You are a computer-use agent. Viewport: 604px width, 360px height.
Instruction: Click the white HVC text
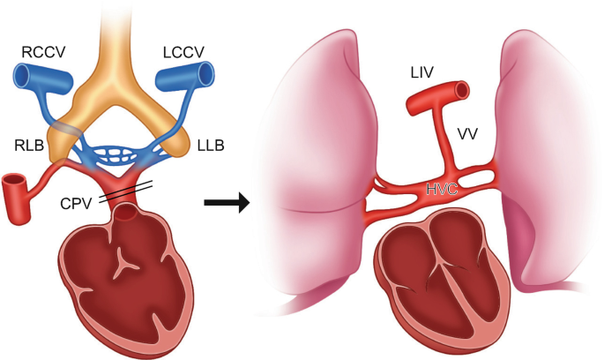point(443,187)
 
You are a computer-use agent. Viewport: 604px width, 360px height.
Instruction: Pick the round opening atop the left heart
point(129,212)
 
